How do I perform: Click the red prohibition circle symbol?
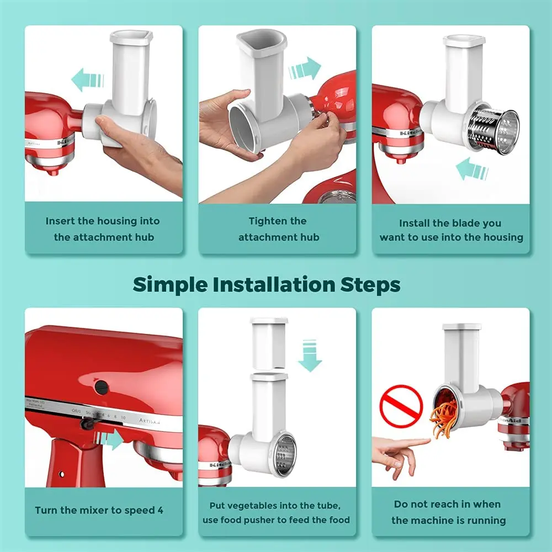[x=401, y=406]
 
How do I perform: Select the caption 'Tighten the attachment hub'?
[x=278, y=229]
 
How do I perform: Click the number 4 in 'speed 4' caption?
[x=160, y=510]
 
